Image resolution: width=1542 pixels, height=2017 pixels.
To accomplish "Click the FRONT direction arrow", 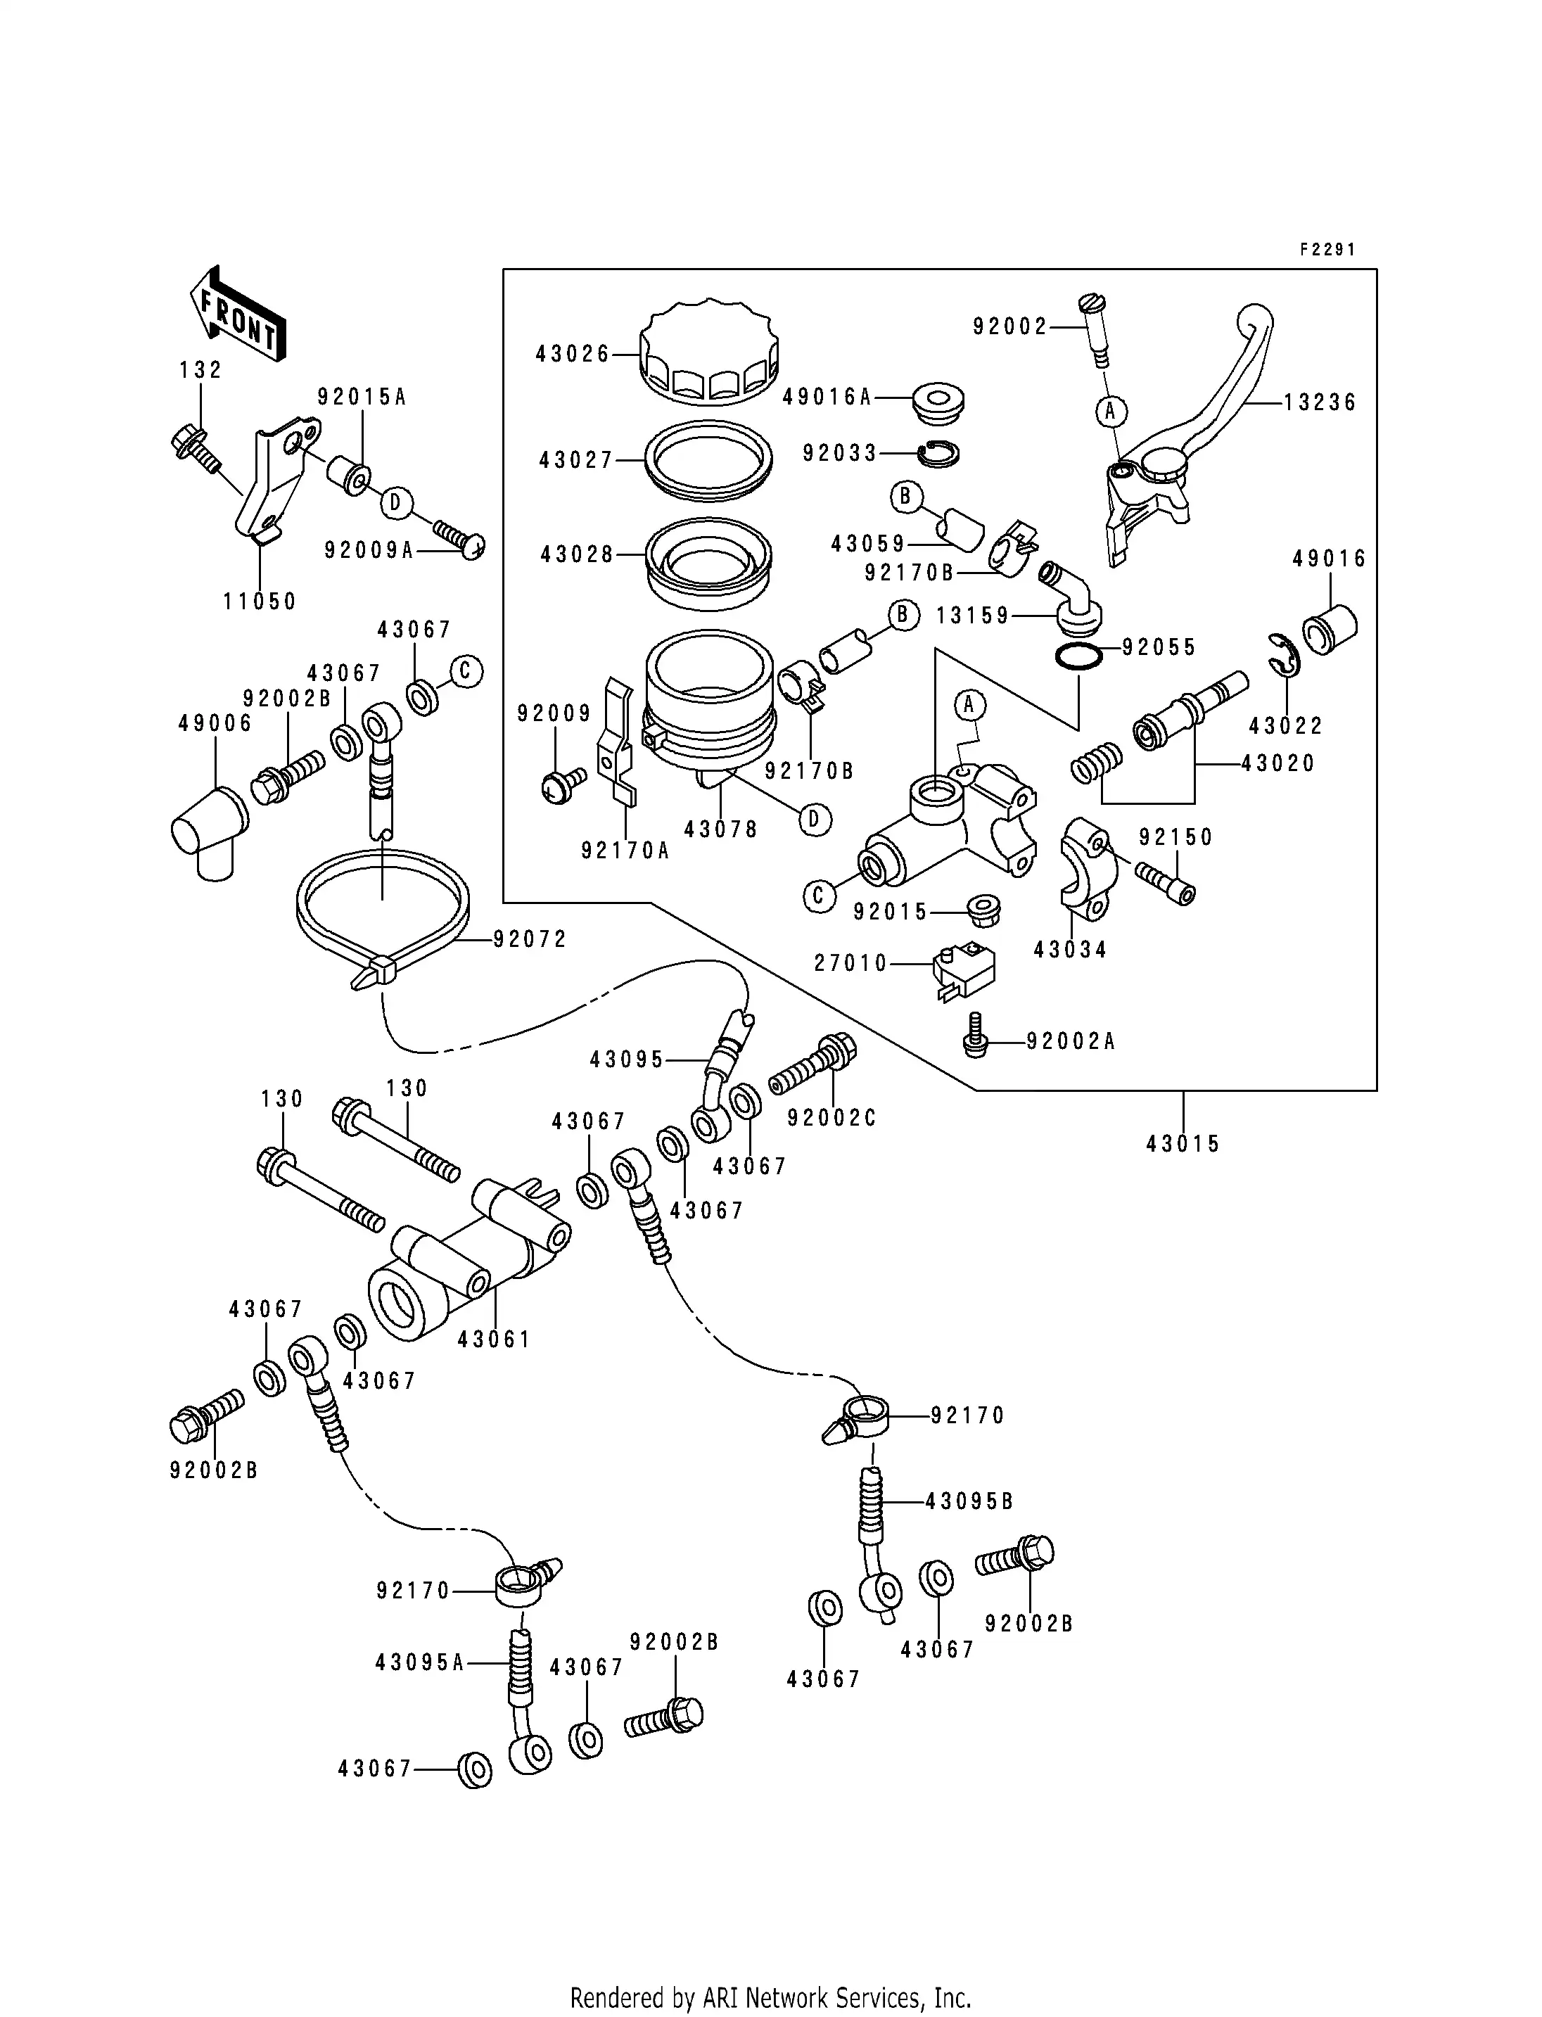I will [238, 313].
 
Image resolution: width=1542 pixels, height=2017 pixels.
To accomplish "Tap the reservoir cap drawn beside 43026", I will [710, 355].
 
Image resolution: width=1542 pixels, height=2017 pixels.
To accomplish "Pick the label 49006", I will [215, 723].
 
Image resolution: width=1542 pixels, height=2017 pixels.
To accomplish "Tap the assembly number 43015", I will [1183, 1144].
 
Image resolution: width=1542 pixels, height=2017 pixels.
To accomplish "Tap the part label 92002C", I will [831, 1118].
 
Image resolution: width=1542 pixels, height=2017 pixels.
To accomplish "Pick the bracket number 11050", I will [260, 602].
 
